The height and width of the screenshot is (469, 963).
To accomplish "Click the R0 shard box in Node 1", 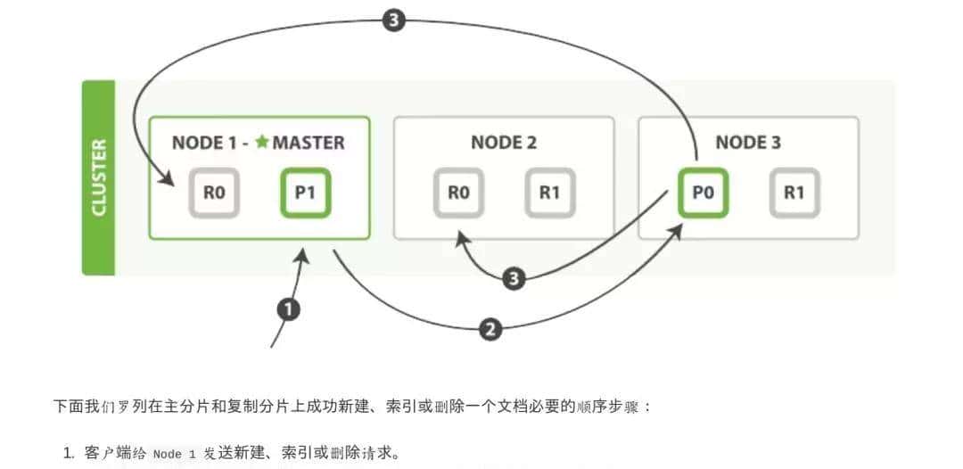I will [x=214, y=192].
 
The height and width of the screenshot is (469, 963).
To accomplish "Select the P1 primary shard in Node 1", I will [x=306, y=192].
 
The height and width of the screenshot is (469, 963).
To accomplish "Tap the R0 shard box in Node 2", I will [x=458, y=192].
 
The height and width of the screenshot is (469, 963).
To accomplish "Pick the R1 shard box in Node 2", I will [x=549, y=192].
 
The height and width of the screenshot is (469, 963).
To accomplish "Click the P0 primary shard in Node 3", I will [x=703, y=192].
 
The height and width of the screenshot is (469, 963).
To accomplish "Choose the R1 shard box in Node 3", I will [x=794, y=192].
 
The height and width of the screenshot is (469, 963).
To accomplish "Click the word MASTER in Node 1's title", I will [x=309, y=143].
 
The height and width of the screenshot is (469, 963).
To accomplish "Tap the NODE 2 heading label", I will [x=504, y=143].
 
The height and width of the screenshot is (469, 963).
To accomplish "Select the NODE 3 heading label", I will [x=748, y=143].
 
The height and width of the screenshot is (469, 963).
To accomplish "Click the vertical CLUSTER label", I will [x=99, y=177].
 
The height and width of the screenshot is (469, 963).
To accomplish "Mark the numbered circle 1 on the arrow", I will [x=288, y=309].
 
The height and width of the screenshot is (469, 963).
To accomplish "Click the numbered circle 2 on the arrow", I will [x=489, y=329].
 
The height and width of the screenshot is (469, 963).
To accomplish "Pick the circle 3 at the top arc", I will [x=394, y=21].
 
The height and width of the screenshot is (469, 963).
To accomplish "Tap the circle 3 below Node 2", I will [x=513, y=279].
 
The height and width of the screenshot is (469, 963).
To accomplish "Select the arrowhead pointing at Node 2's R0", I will [x=460, y=237].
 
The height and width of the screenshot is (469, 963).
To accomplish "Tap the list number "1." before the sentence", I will [x=69, y=454].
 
